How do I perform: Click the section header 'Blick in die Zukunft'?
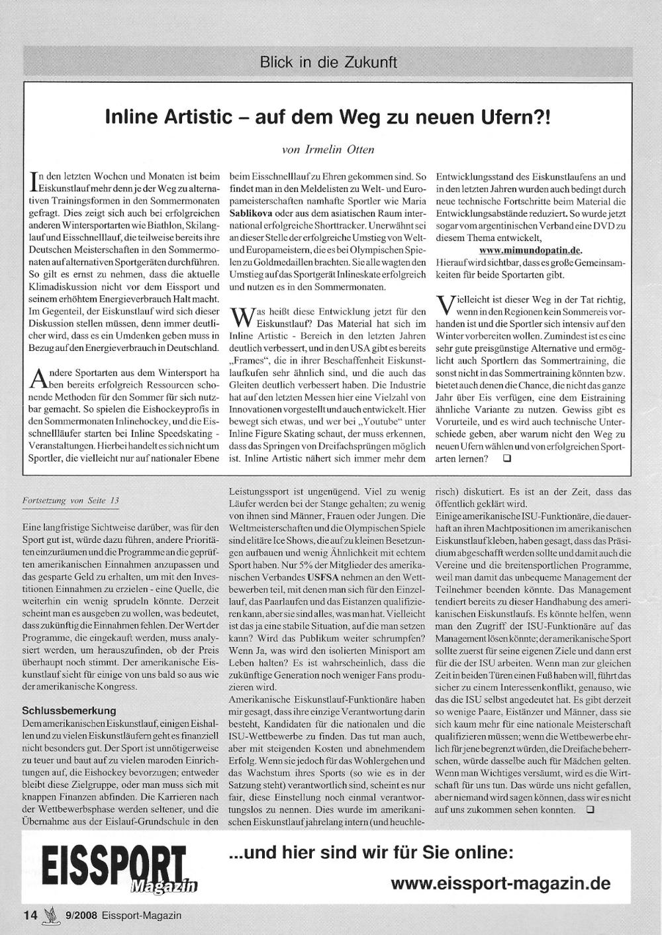coord(329,63)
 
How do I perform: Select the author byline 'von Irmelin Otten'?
coord(328,150)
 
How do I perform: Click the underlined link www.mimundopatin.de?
coord(530,250)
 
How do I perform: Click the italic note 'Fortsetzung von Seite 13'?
coord(70,501)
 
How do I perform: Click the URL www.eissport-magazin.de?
coord(500,883)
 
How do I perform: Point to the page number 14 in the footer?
coord(30,915)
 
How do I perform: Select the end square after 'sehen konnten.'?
coord(590,809)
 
